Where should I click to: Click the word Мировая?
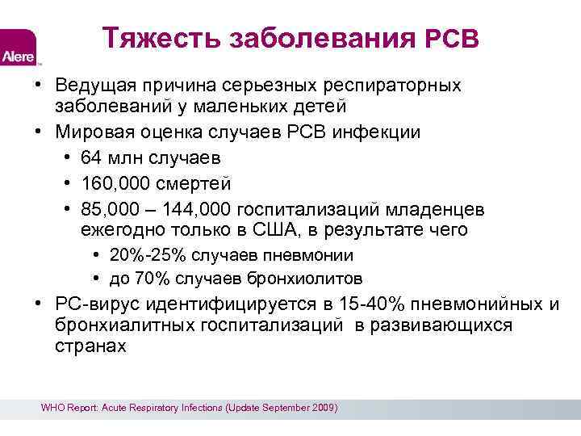pyautogui.click(x=92, y=132)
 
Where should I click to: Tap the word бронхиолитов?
pyautogui.click(x=316, y=279)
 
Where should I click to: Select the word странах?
pyautogui.click(x=90, y=346)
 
